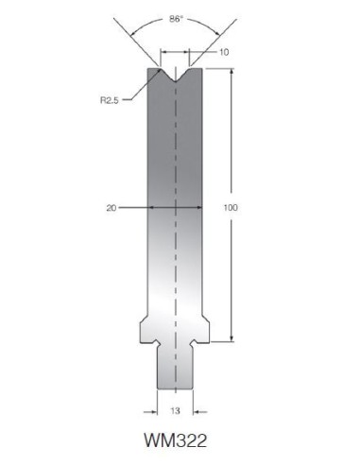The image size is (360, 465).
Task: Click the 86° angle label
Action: point(176,19)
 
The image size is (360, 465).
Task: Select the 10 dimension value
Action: point(224,52)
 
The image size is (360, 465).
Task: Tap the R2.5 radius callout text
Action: point(110,100)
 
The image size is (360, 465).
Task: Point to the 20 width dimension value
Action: point(111,208)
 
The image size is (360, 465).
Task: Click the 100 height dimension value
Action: point(231,208)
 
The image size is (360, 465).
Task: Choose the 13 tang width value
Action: point(175,411)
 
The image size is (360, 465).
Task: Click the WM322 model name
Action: point(176,440)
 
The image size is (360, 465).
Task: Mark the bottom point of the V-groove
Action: point(175,82)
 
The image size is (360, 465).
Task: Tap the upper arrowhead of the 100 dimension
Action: point(231,71)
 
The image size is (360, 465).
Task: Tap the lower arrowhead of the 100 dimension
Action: point(231,338)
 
